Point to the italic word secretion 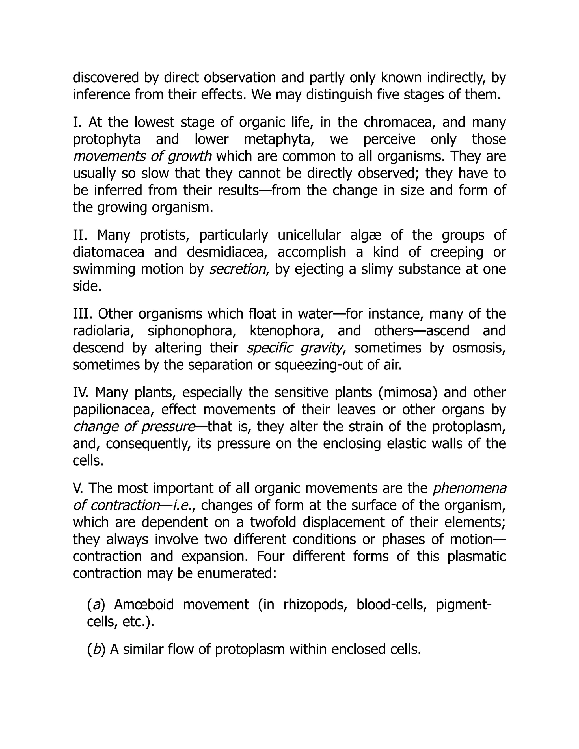point(237,269)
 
